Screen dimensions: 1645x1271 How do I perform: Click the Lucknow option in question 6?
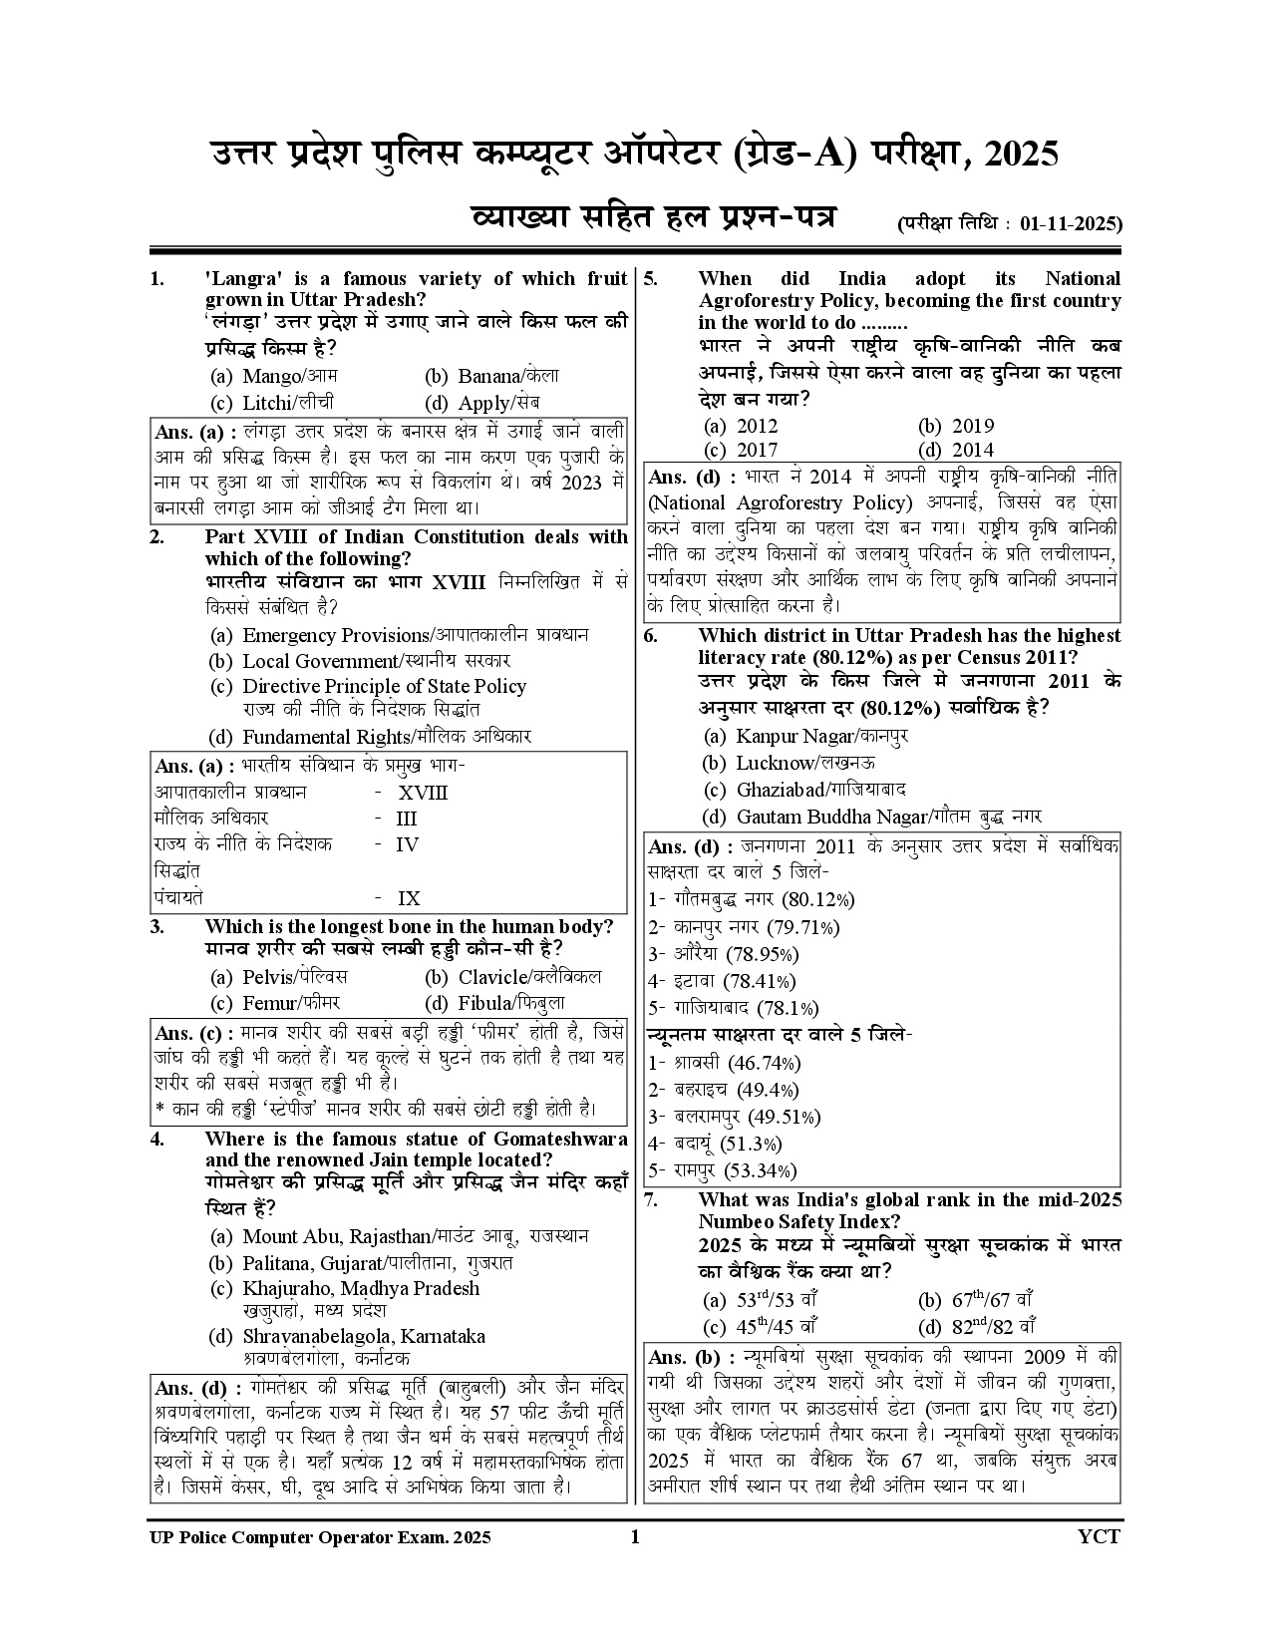(789, 763)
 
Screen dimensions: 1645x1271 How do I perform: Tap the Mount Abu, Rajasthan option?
(399, 1237)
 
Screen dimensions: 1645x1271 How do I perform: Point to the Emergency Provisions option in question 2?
(399, 635)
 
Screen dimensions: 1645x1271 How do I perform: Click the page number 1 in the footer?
(635, 1536)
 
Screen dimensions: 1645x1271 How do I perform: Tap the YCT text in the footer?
(1099, 1536)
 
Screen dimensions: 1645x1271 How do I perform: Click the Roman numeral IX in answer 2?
(409, 898)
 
